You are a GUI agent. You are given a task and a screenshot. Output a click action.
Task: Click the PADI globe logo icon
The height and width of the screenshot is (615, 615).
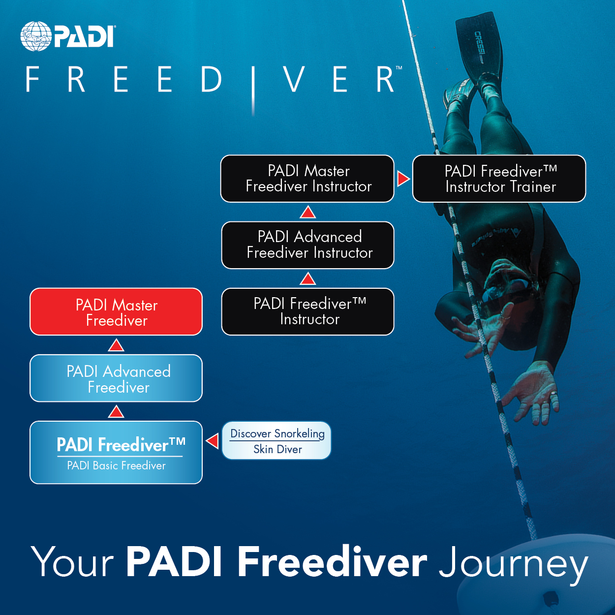click(35, 36)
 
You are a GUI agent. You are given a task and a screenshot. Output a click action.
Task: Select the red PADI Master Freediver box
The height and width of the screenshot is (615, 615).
click(116, 312)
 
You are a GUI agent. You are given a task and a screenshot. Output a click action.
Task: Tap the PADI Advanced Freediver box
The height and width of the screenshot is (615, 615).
click(116, 378)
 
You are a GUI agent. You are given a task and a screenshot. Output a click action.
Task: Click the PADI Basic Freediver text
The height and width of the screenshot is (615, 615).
click(116, 465)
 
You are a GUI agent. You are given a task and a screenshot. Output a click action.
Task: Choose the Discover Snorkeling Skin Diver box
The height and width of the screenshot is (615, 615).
click(277, 440)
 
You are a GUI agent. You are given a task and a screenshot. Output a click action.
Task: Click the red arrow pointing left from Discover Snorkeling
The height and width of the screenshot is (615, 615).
click(213, 440)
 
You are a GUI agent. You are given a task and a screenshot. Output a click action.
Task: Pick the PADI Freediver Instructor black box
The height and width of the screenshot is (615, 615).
click(308, 311)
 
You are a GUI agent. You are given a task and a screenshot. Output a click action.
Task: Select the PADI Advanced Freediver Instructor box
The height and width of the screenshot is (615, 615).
click(308, 245)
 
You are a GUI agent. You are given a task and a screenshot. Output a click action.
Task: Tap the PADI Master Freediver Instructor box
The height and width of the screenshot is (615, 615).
click(307, 179)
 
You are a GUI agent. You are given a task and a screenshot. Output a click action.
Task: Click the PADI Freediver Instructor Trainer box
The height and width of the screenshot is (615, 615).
click(499, 179)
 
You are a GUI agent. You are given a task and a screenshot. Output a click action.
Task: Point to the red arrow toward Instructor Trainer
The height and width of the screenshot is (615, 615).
click(403, 179)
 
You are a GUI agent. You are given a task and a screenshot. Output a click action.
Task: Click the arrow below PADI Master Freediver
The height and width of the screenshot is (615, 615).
click(116, 345)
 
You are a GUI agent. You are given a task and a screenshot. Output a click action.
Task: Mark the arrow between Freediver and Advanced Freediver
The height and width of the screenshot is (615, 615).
click(116, 411)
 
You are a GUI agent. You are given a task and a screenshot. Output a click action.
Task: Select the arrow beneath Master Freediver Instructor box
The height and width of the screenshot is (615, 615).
click(308, 212)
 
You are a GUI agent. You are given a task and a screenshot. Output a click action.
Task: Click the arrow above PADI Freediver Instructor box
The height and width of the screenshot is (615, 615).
click(308, 279)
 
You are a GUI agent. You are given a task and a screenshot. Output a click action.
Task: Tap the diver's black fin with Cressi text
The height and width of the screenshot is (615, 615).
click(477, 44)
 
